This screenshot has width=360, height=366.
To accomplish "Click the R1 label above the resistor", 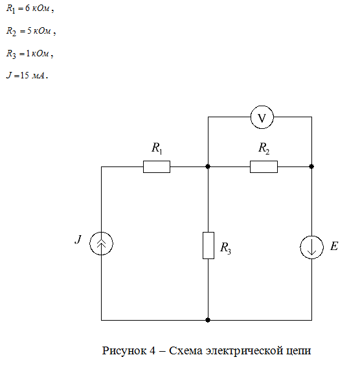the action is tap(157, 148).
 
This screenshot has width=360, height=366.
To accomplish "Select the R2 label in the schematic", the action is tap(264, 148).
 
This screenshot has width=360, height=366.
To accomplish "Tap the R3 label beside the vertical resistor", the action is tap(225, 247).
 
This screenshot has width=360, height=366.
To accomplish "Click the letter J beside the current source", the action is tap(78, 239).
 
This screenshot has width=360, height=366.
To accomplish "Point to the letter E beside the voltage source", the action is tap(334, 246).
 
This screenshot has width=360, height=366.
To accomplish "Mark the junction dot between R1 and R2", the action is tap(208, 166).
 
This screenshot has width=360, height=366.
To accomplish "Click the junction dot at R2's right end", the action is tap(311, 166).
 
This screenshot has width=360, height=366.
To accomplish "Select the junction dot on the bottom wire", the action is tap(208, 320).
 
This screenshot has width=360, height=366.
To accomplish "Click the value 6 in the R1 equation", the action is tap(28, 8).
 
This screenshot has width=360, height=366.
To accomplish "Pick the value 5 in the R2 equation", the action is tap(29, 31).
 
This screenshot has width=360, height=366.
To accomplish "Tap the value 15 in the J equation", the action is tap(25, 75).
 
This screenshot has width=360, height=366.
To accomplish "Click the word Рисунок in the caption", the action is tap(124, 351).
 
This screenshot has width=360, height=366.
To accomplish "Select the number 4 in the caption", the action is tap(152, 350).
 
